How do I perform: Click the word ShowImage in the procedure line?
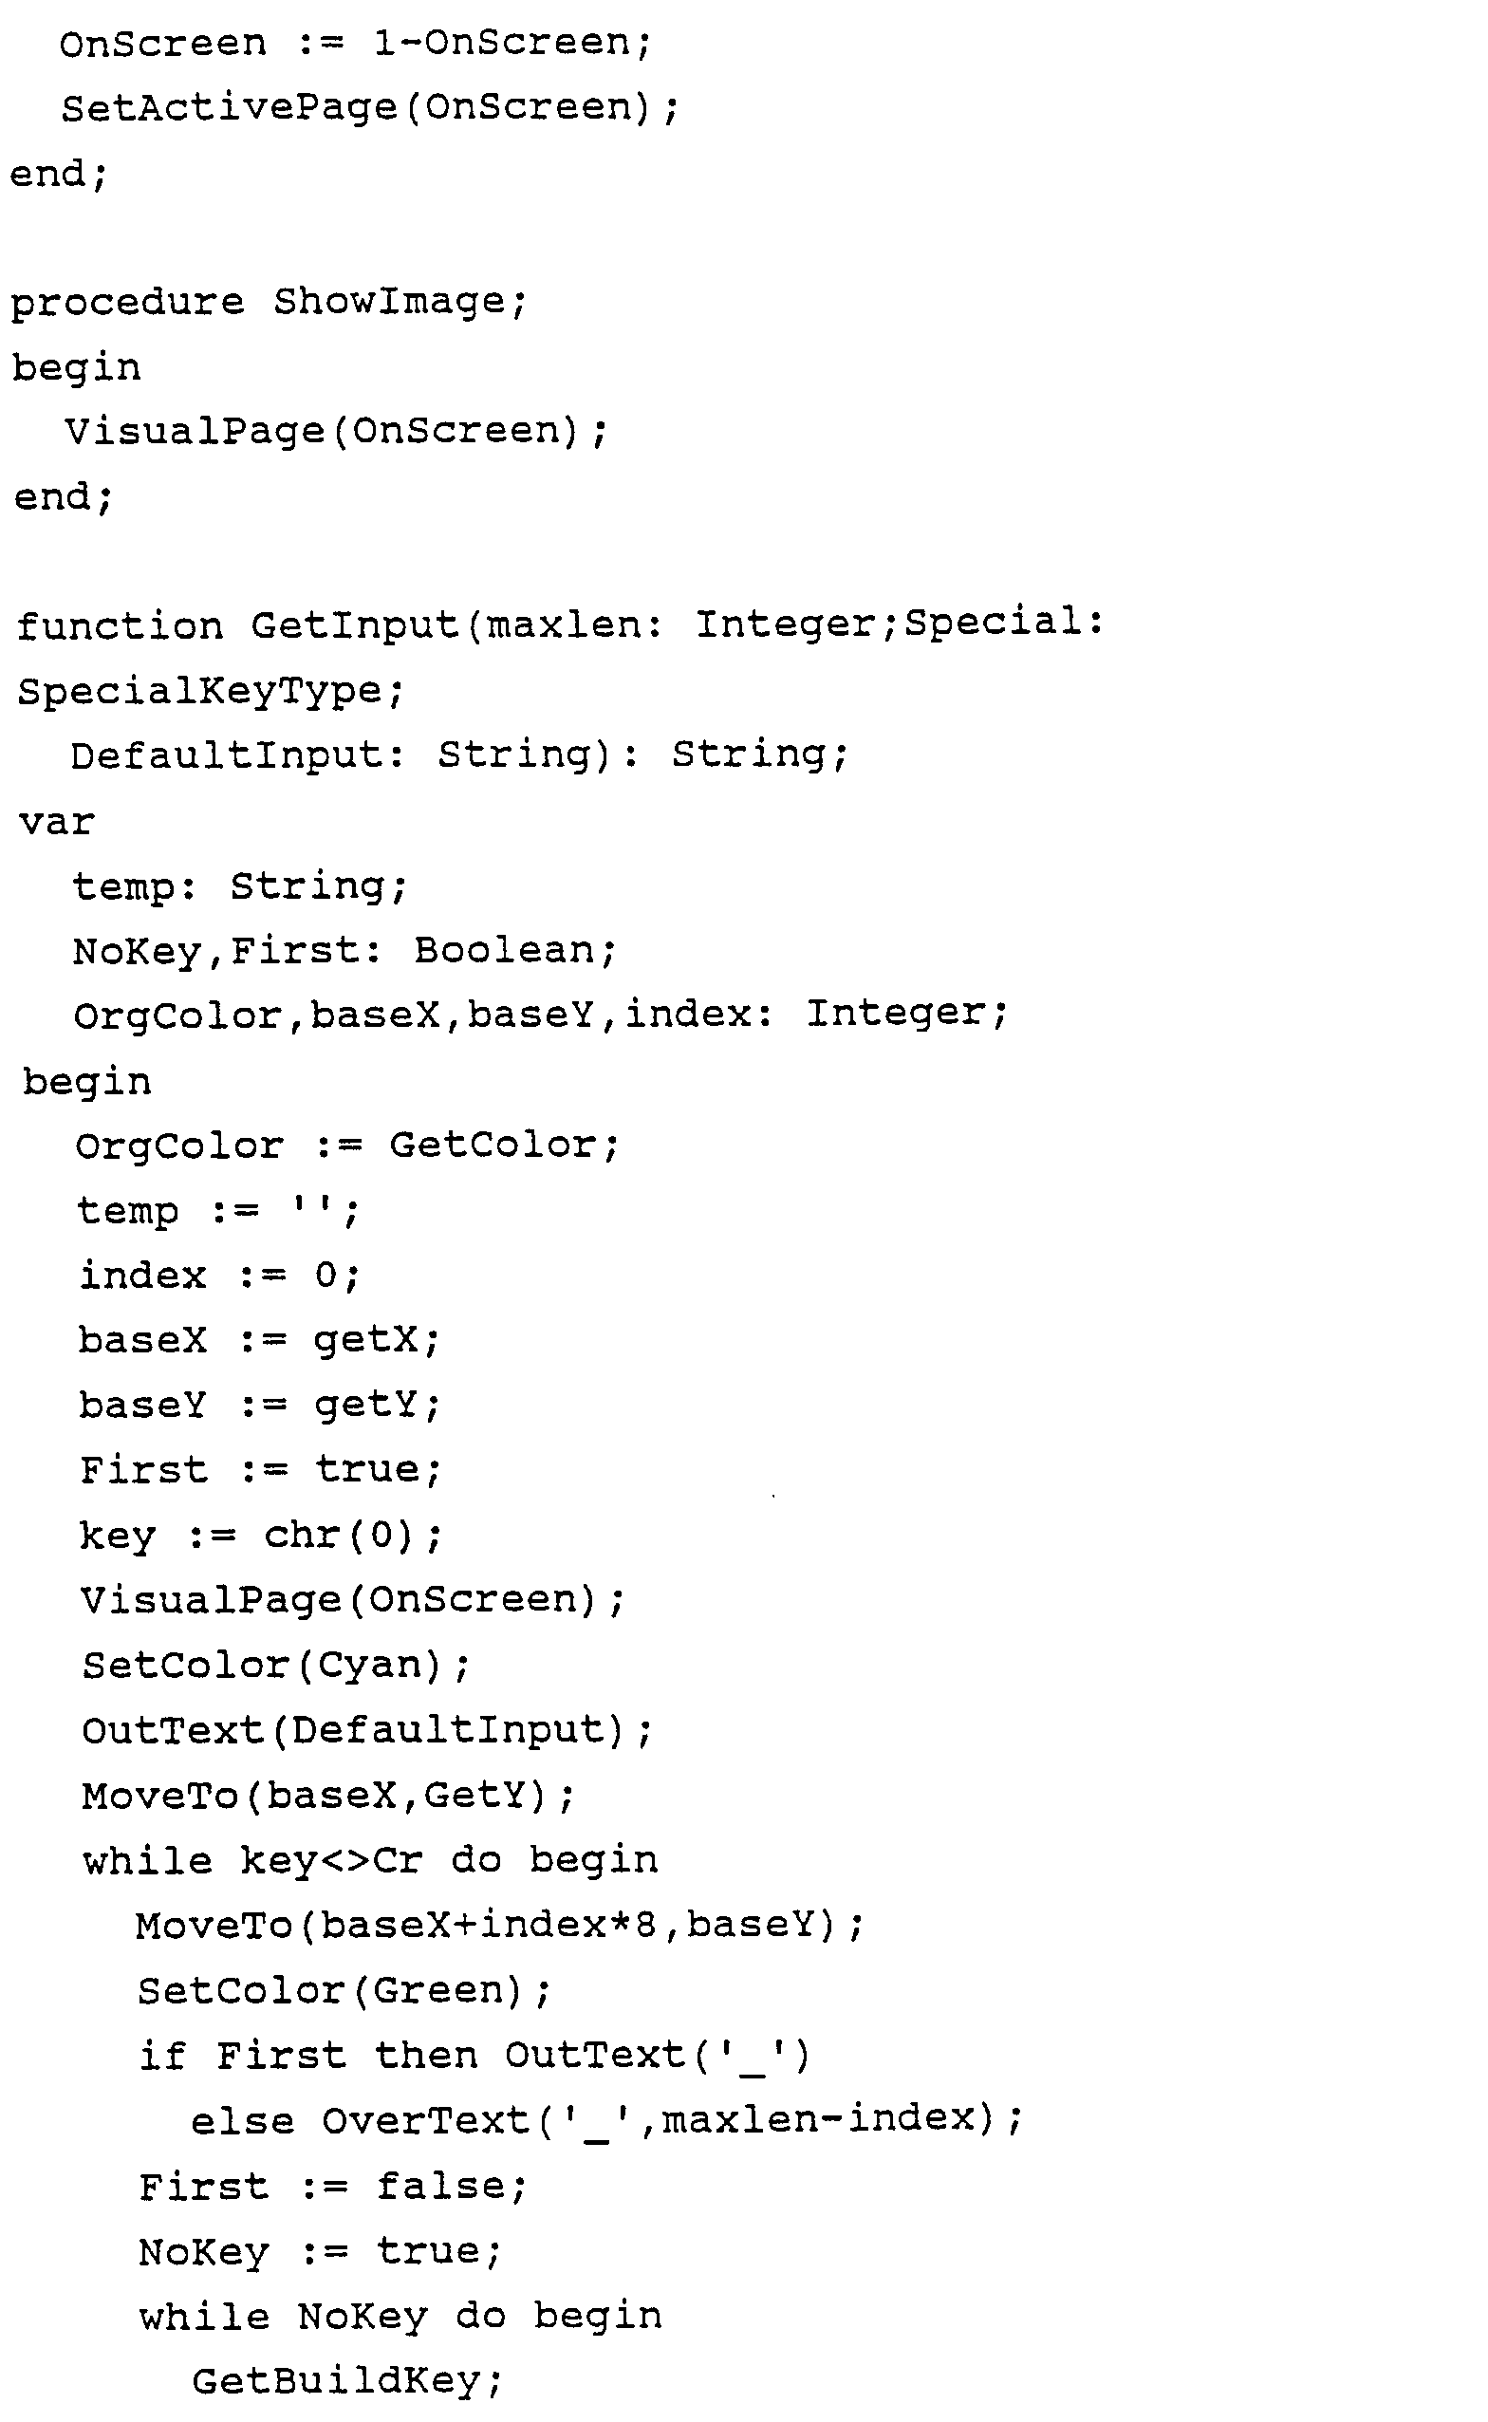[x=400, y=301]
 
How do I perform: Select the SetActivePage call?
[x=232, y=107]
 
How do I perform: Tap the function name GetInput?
[x=354, y=624]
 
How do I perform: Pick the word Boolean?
[x=504, y=951]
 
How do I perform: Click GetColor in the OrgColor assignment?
[x=493, y=1146]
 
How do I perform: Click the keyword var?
[x=56, y=821]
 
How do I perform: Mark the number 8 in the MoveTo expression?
[x=644, y=1925]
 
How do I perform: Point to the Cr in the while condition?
[x=398, y=1860]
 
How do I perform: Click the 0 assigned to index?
[x=325, y=1276]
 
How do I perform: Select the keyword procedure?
[x=127, y=301]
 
